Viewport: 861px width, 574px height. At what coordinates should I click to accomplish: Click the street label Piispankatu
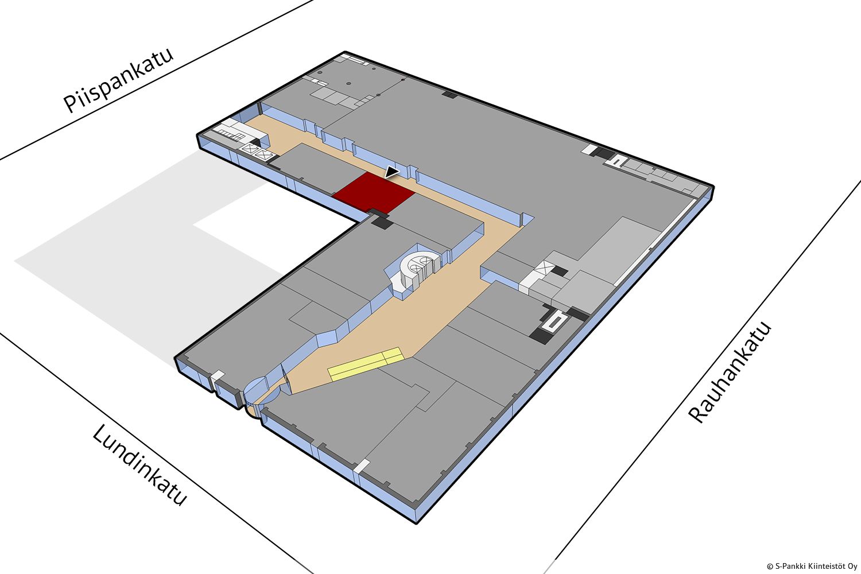click(x=118, y=80)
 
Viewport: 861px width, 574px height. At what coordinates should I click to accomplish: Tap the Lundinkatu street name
click(x=139, y=465)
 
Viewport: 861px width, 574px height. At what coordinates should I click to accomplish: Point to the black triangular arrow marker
click(x=391, y=172)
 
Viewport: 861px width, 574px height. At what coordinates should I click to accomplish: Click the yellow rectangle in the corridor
click(x=365, y=364)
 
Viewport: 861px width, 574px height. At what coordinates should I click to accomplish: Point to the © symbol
click(x=770, y=567)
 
